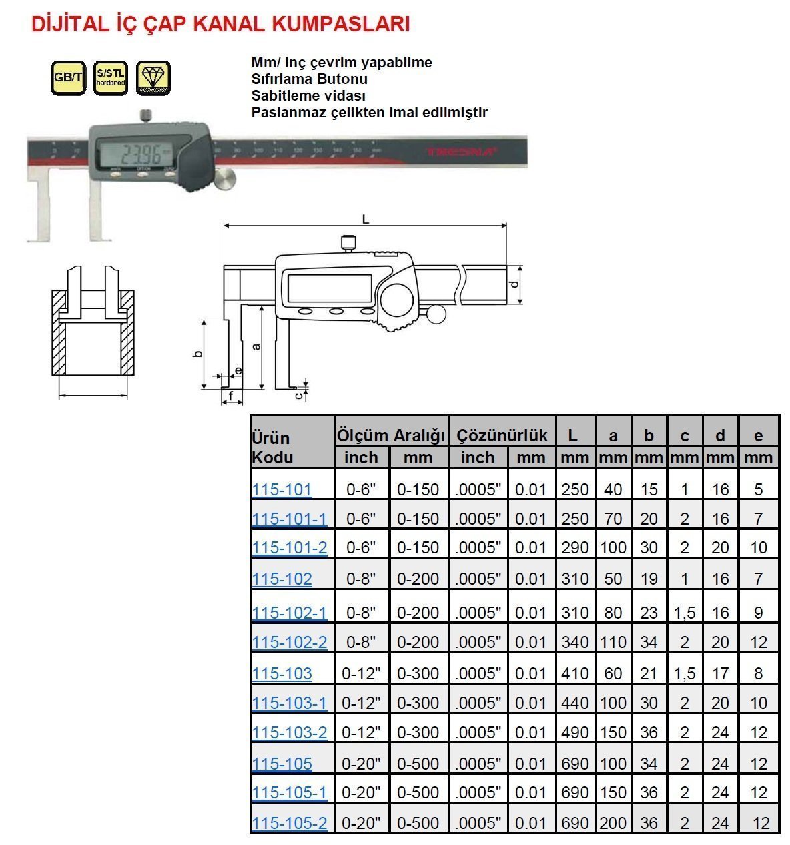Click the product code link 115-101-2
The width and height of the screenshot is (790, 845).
click(290, 548)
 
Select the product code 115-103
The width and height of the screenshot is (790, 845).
click(282, 673)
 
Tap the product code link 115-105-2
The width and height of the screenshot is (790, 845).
click(290, 823)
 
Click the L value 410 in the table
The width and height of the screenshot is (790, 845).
click(574, 673)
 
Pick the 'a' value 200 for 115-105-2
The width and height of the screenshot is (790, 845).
click(613, 823)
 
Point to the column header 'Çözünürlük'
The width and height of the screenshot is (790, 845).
click(502, 435)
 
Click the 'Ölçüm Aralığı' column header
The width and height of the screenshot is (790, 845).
click(391, 435)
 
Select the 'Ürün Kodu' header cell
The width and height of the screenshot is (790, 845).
click(272, 447)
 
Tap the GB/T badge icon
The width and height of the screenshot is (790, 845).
click(68, 77)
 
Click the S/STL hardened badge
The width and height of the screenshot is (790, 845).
click(110, 77)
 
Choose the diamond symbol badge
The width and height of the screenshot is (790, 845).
click(153, 77)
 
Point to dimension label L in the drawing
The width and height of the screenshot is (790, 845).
click(366, 219)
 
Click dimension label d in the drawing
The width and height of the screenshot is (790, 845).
click(514, 284)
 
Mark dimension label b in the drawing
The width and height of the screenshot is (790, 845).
click(197, 353)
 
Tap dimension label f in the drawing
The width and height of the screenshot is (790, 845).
click(232, 396)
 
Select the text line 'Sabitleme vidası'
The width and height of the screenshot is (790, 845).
click(308, 95)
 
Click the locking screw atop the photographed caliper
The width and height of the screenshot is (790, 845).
click(145, 116)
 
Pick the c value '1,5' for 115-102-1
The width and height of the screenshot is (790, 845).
click(685, 613)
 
